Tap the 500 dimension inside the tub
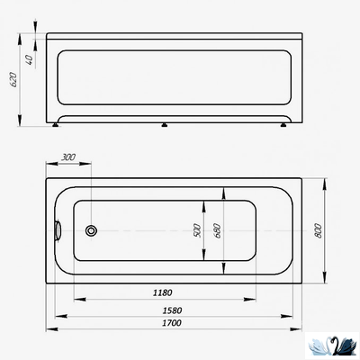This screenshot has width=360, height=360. pos(196,230)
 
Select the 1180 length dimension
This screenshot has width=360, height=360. pos(161,292)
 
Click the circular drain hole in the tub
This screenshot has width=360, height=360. pos(91,230)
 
